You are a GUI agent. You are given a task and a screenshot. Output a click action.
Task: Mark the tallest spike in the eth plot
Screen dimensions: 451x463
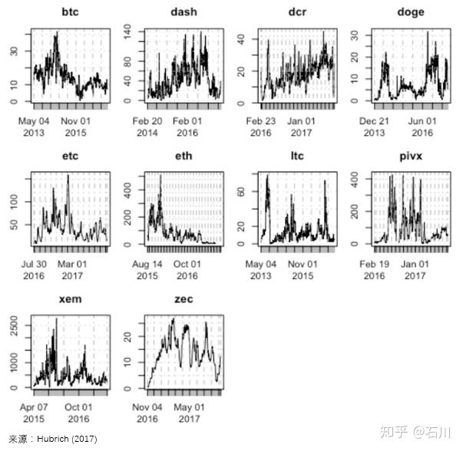(160, 176)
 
